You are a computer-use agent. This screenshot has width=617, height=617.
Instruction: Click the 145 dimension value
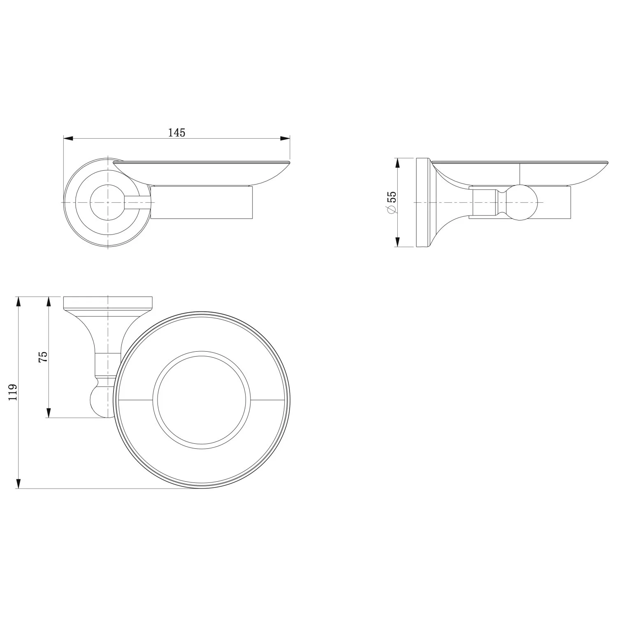pos(177,132)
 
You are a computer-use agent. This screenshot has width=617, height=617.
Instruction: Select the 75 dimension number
pos(43,356)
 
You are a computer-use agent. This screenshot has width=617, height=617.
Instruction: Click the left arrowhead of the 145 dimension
pos(68,139)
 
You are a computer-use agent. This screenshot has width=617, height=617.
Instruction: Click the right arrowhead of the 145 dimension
pos(285,139)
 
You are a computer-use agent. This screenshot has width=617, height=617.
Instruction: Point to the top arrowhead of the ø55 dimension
pos(397,163)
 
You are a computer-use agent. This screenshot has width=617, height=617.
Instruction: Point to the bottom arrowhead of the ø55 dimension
pos(397,242)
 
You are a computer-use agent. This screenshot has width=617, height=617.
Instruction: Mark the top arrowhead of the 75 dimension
pos(49,302)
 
